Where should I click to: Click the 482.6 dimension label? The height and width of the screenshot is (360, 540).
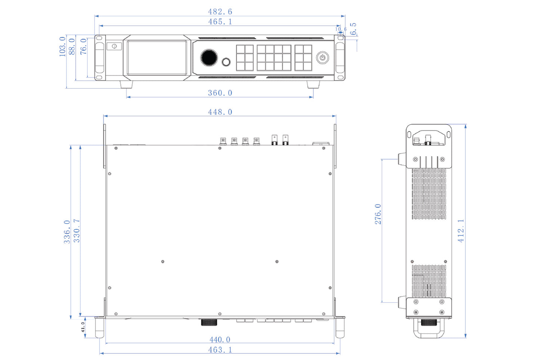(x=220, y=12)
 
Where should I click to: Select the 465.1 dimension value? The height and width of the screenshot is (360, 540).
(x=220, y=22)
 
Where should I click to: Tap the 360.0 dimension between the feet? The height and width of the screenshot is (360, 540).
(x=220, y=93)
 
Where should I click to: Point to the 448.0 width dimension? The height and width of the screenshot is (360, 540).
(x=220, y=112)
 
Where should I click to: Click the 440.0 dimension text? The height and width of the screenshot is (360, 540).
(x=220, y=339)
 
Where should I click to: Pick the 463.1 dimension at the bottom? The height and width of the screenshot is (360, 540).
(x=220, y=350)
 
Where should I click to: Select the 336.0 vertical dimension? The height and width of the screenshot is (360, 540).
(x=67, y=232)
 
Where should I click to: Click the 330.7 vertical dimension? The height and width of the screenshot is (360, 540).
(x=77, y=231)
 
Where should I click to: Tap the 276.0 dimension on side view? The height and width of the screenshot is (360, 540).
(x=378, y=214)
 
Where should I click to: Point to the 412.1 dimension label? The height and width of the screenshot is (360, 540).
(x=461, y=231)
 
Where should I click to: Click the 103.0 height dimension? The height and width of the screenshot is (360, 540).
(x=62, y=46)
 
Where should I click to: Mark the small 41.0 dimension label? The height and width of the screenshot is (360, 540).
(x=83, y=327)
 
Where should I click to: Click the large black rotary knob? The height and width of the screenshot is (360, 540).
(x=209, y=58)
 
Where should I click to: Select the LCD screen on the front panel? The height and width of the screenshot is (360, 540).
(x=157, y=58)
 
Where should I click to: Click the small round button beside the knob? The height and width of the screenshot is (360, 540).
(x=226, y=62)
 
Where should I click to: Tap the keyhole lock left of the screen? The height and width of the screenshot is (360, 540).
(x=114, y=46)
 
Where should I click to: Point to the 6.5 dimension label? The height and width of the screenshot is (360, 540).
(x=353, y=29)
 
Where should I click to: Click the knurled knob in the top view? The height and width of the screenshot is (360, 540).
(x=209, y=322)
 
